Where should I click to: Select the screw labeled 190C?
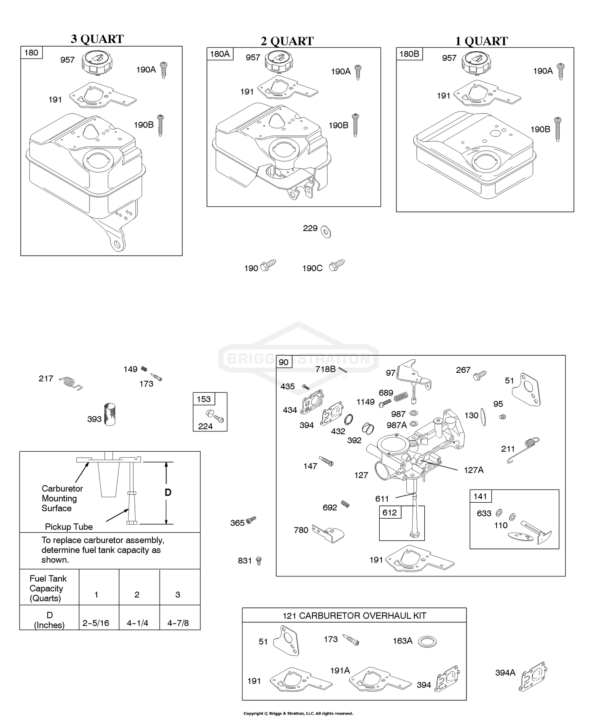point(337,266)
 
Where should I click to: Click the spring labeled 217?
point(70,383)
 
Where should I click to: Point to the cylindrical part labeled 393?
point(109,415)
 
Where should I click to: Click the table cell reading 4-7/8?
point(178,623)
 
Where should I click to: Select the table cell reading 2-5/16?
point(96,623)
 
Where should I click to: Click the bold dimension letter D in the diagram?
point(168,493)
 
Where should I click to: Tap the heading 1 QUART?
point(481,41)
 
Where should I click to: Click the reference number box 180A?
point(220,54)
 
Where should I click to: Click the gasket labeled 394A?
point(533,676)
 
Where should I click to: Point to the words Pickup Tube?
point(68,527)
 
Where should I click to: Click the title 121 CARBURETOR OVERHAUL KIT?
point(354,616)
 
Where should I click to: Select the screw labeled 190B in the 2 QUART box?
point(355,125)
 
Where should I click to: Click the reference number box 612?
point(389,512)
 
